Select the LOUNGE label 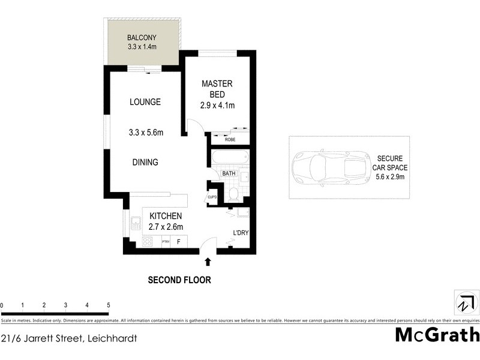click(x=145, y=102)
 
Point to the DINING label click(x=145, y=162)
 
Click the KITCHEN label click(x=166, y=216)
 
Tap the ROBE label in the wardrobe click(x=230, y=140)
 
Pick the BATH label click(x=229, y=174)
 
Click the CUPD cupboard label click(x=212, y=197)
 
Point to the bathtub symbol click(x=228, y=158)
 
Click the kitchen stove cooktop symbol click(x=148, y=242)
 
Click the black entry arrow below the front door click(x=208, y=262)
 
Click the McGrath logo click(x=437, y=334)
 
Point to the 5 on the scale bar click(x=108, y=305)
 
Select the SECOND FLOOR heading click(x=179, y=280)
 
